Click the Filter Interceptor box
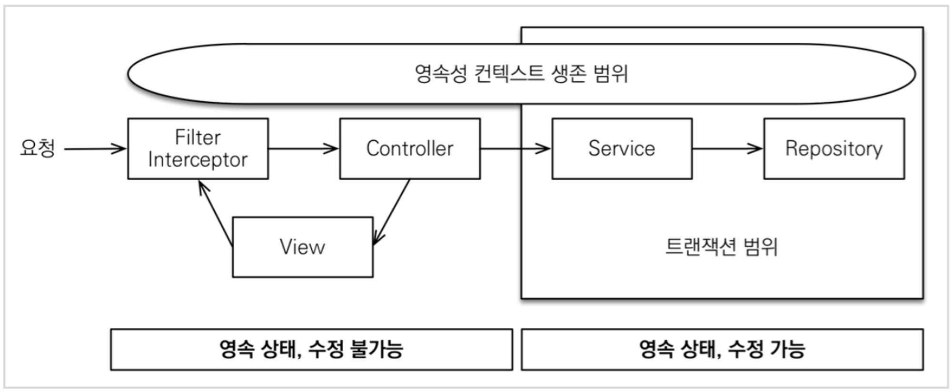(198, 149)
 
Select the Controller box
(410, 149)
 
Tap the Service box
(622, 149)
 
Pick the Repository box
(834, 149)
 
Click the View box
(303, 247)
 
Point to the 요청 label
(38, 148)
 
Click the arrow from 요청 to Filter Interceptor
(95, 149)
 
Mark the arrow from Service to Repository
(728, 149)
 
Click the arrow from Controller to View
(392, 212)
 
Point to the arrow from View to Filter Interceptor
(216, 214)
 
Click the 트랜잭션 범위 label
(721, 247)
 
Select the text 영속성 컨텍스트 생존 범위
(521, 74)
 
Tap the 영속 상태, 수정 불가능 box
(311, 349)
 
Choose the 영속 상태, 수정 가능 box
(722, 349)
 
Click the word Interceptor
(198, 160)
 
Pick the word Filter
(198, 137)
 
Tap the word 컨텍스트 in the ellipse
(509, 74)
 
